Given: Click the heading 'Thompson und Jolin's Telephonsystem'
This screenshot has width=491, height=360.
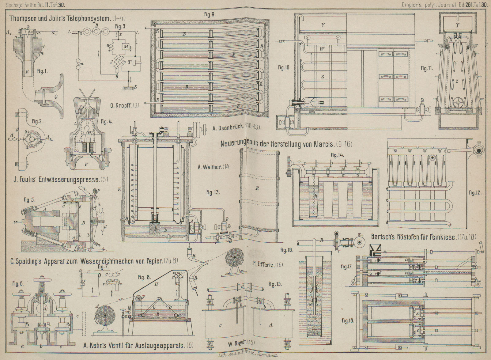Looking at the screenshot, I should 67,18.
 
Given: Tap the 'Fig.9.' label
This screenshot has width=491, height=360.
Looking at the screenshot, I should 210,14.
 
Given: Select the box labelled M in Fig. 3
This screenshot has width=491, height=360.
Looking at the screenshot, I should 126,46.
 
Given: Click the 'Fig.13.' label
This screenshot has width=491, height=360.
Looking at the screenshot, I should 214,192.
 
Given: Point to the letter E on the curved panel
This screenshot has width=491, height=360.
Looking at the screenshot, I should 257,188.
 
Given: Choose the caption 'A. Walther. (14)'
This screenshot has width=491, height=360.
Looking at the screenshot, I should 214,167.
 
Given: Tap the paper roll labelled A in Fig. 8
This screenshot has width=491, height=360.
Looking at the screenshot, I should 104,316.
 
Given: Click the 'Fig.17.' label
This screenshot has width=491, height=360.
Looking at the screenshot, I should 346,267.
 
